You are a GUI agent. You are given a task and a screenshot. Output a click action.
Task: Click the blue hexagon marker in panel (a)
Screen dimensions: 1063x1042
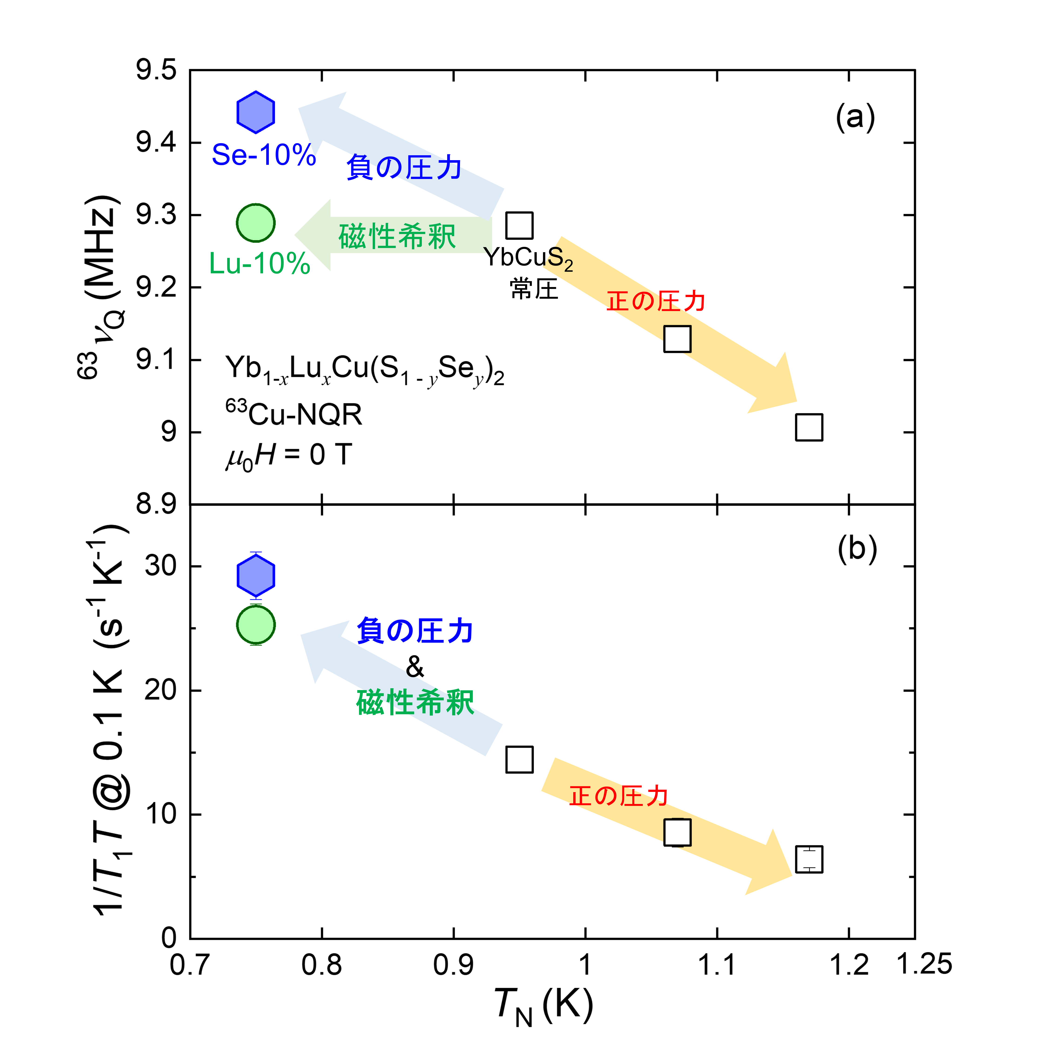coord(256,112)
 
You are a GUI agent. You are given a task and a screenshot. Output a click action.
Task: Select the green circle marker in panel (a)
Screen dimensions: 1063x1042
coord(256,223)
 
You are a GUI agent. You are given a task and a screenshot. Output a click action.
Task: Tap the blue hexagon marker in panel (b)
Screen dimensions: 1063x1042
coord(256,575)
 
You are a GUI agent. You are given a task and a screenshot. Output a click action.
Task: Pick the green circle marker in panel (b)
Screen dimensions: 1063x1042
coord(256,625)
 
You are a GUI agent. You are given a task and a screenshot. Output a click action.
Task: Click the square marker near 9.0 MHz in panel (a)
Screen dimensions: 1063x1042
coord(809,427)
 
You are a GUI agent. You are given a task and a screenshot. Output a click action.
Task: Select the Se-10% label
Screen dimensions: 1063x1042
coord(264,155)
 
